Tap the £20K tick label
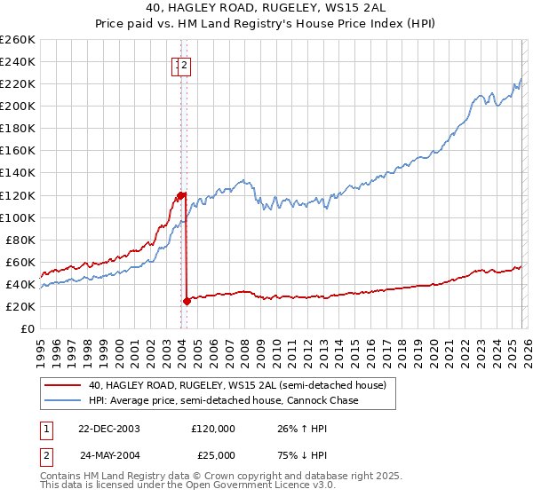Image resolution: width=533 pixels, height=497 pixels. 20,306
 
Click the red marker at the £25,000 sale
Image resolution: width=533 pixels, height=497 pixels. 187,301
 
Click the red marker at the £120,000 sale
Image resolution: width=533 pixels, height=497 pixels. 180,194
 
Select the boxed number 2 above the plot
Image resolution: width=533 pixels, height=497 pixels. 185,64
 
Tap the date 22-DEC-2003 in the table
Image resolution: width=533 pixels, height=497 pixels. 109,428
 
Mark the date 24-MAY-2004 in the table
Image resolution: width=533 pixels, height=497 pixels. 109,454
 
